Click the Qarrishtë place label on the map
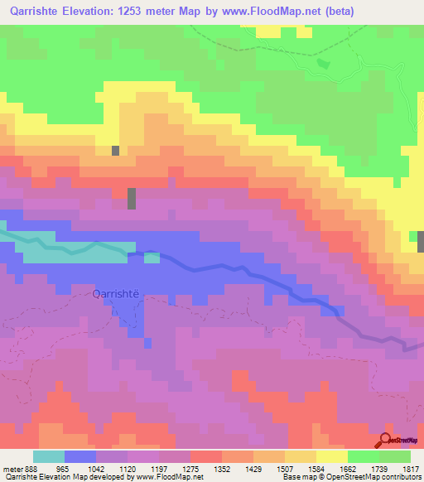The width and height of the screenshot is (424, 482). click(122, 293)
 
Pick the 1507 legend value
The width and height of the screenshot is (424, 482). click(283, 468)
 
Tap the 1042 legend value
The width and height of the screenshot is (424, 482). click(94, 468)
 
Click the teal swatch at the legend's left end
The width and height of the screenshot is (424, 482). click(49, 456)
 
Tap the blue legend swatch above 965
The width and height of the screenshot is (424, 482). click(80, 456)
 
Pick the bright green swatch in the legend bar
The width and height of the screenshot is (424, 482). click(363, 456)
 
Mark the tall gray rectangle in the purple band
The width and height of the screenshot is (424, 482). click(132, 199)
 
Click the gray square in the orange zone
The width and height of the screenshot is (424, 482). click(116, 151)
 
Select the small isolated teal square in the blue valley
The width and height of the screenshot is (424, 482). click(152, 258)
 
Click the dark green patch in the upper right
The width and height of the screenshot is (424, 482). click(324, 64)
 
